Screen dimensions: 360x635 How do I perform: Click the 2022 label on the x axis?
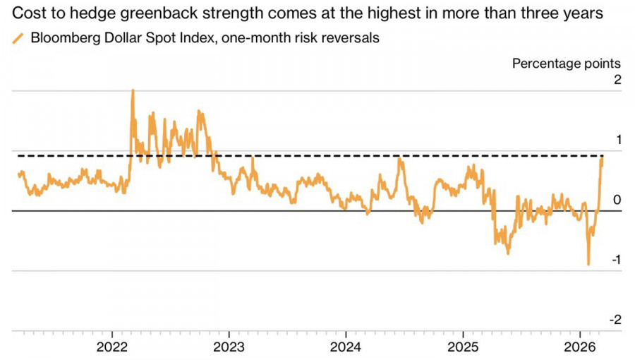point(113,347)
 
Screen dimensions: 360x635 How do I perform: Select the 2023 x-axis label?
point(229,347)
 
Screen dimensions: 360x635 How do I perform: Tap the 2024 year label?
point(346,347)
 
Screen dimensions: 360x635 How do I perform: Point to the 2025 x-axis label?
point(462,347)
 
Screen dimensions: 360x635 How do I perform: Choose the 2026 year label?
point(579,347)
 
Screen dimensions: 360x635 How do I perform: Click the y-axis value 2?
point(617,80)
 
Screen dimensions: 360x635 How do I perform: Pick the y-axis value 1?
point(617,140)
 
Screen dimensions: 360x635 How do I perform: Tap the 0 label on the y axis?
point(617,200)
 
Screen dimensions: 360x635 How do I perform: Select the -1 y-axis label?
point(615,260)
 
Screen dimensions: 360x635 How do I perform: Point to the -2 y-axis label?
point(615,320)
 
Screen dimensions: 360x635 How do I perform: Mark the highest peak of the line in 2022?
point(133,90)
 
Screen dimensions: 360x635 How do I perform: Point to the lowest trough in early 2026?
point(588,265)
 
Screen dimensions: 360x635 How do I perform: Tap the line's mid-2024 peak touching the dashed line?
point(400,159)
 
